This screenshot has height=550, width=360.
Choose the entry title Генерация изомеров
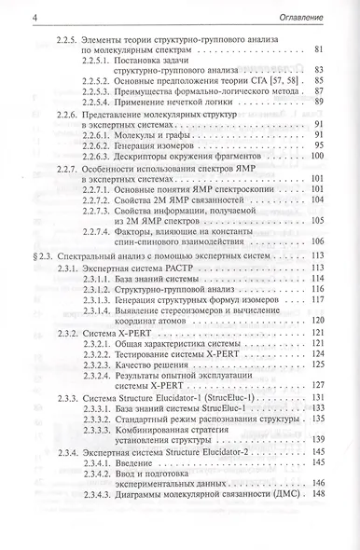[x=163, y=172]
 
